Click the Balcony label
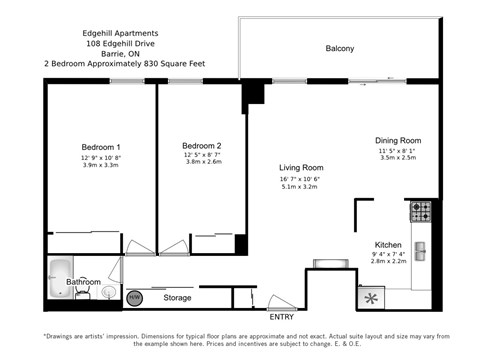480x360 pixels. (340, 48)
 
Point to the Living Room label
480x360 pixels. (300, 167)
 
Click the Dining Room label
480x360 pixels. (398, 140)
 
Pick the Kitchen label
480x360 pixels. (388, 244)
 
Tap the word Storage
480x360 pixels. (177, 298)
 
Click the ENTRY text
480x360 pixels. (282, 317)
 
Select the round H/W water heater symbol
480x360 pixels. (134, 297)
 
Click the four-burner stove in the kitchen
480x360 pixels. (420, 211)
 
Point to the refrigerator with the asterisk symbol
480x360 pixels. (372, 297)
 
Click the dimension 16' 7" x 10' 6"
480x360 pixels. (300, 178)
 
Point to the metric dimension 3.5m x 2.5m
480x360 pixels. (398, 158)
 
